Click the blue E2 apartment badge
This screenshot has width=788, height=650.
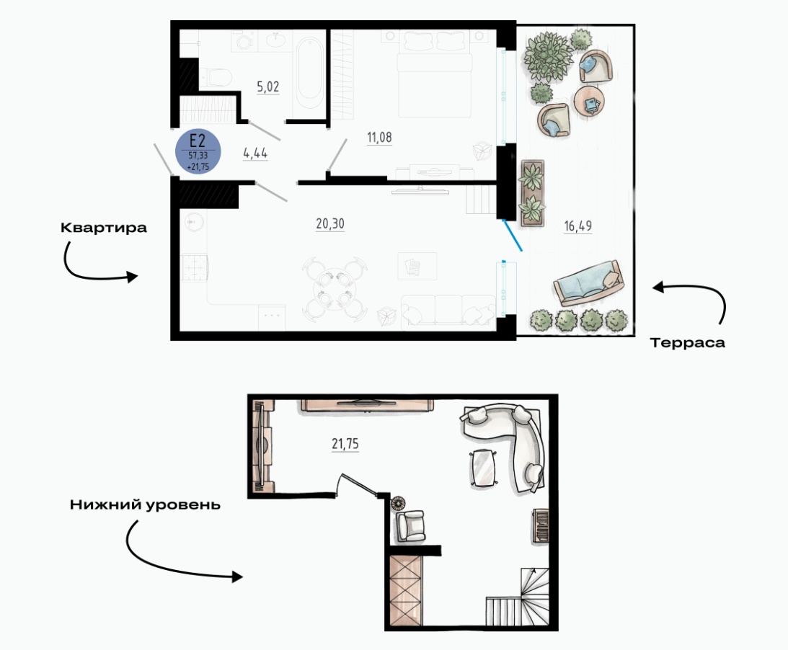198,152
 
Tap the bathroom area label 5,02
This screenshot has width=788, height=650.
268,87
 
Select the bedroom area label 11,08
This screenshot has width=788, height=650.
379,137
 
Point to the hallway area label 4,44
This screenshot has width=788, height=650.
255,153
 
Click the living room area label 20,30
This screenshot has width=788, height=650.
330,223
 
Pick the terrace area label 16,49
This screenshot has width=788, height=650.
578,226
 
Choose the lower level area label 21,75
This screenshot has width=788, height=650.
345,444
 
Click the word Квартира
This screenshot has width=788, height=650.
104,228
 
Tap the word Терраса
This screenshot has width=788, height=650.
688,342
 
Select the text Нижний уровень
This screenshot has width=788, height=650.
145,504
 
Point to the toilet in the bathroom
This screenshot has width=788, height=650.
216,77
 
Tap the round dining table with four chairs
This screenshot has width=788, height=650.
335,290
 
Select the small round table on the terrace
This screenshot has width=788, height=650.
590,102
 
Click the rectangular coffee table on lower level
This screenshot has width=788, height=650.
483,468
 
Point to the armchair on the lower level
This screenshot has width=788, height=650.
410,526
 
